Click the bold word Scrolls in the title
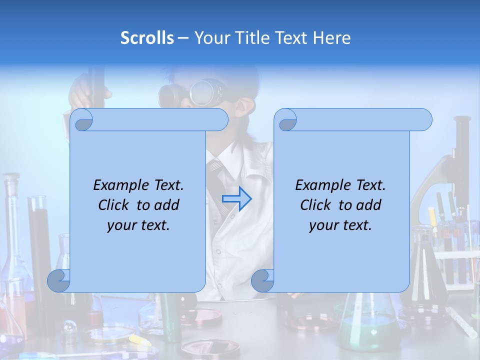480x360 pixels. pos(147,38)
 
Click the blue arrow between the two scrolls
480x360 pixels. pos(237,198)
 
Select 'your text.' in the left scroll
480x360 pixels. pos(138,225)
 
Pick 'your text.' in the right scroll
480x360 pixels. pos(340,225)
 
